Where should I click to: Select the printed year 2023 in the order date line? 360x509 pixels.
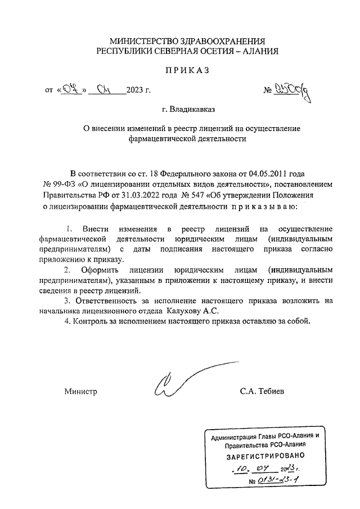point(136,90)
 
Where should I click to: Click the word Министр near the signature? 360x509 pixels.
point(80,391)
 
